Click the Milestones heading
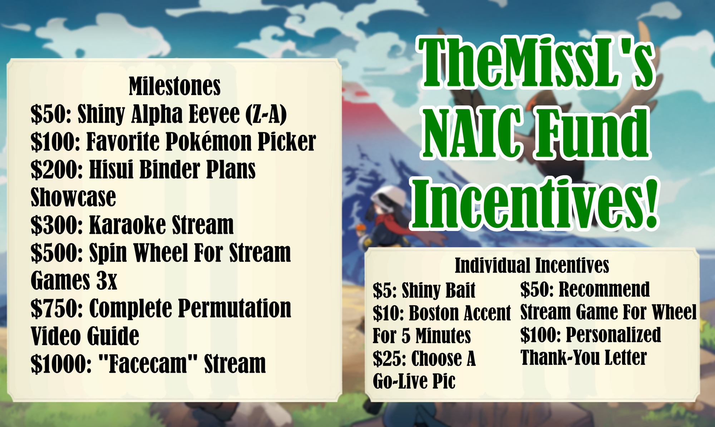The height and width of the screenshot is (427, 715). coord(174,86)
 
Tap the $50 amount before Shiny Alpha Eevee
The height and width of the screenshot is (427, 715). coord(51,114)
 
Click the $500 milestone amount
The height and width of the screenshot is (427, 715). coord(57,253)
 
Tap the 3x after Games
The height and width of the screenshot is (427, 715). coord(107,281)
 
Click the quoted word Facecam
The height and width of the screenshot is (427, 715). coord(148,364)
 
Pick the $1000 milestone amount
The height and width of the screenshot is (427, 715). coord(61,364)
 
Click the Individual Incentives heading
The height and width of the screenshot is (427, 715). coord(532,265)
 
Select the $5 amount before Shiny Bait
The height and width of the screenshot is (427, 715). coord(384,290)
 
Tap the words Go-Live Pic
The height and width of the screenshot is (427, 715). coord(414,381)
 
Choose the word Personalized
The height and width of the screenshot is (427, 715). coord(613,335)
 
